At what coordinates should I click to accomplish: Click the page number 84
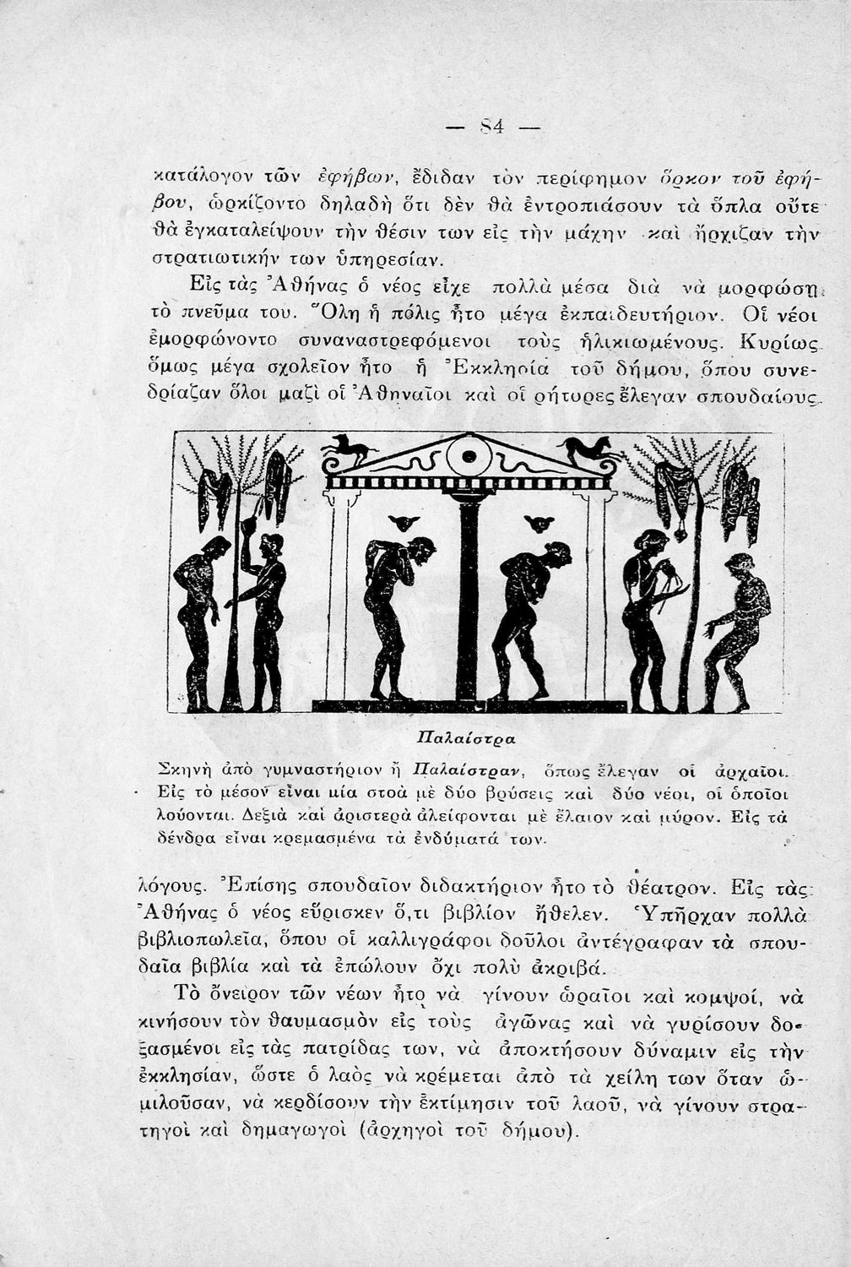(491, 128)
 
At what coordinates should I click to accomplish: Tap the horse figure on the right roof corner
(591, 449)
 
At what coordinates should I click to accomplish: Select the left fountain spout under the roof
(404, 522)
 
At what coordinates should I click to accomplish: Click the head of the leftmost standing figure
(218, 546)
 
